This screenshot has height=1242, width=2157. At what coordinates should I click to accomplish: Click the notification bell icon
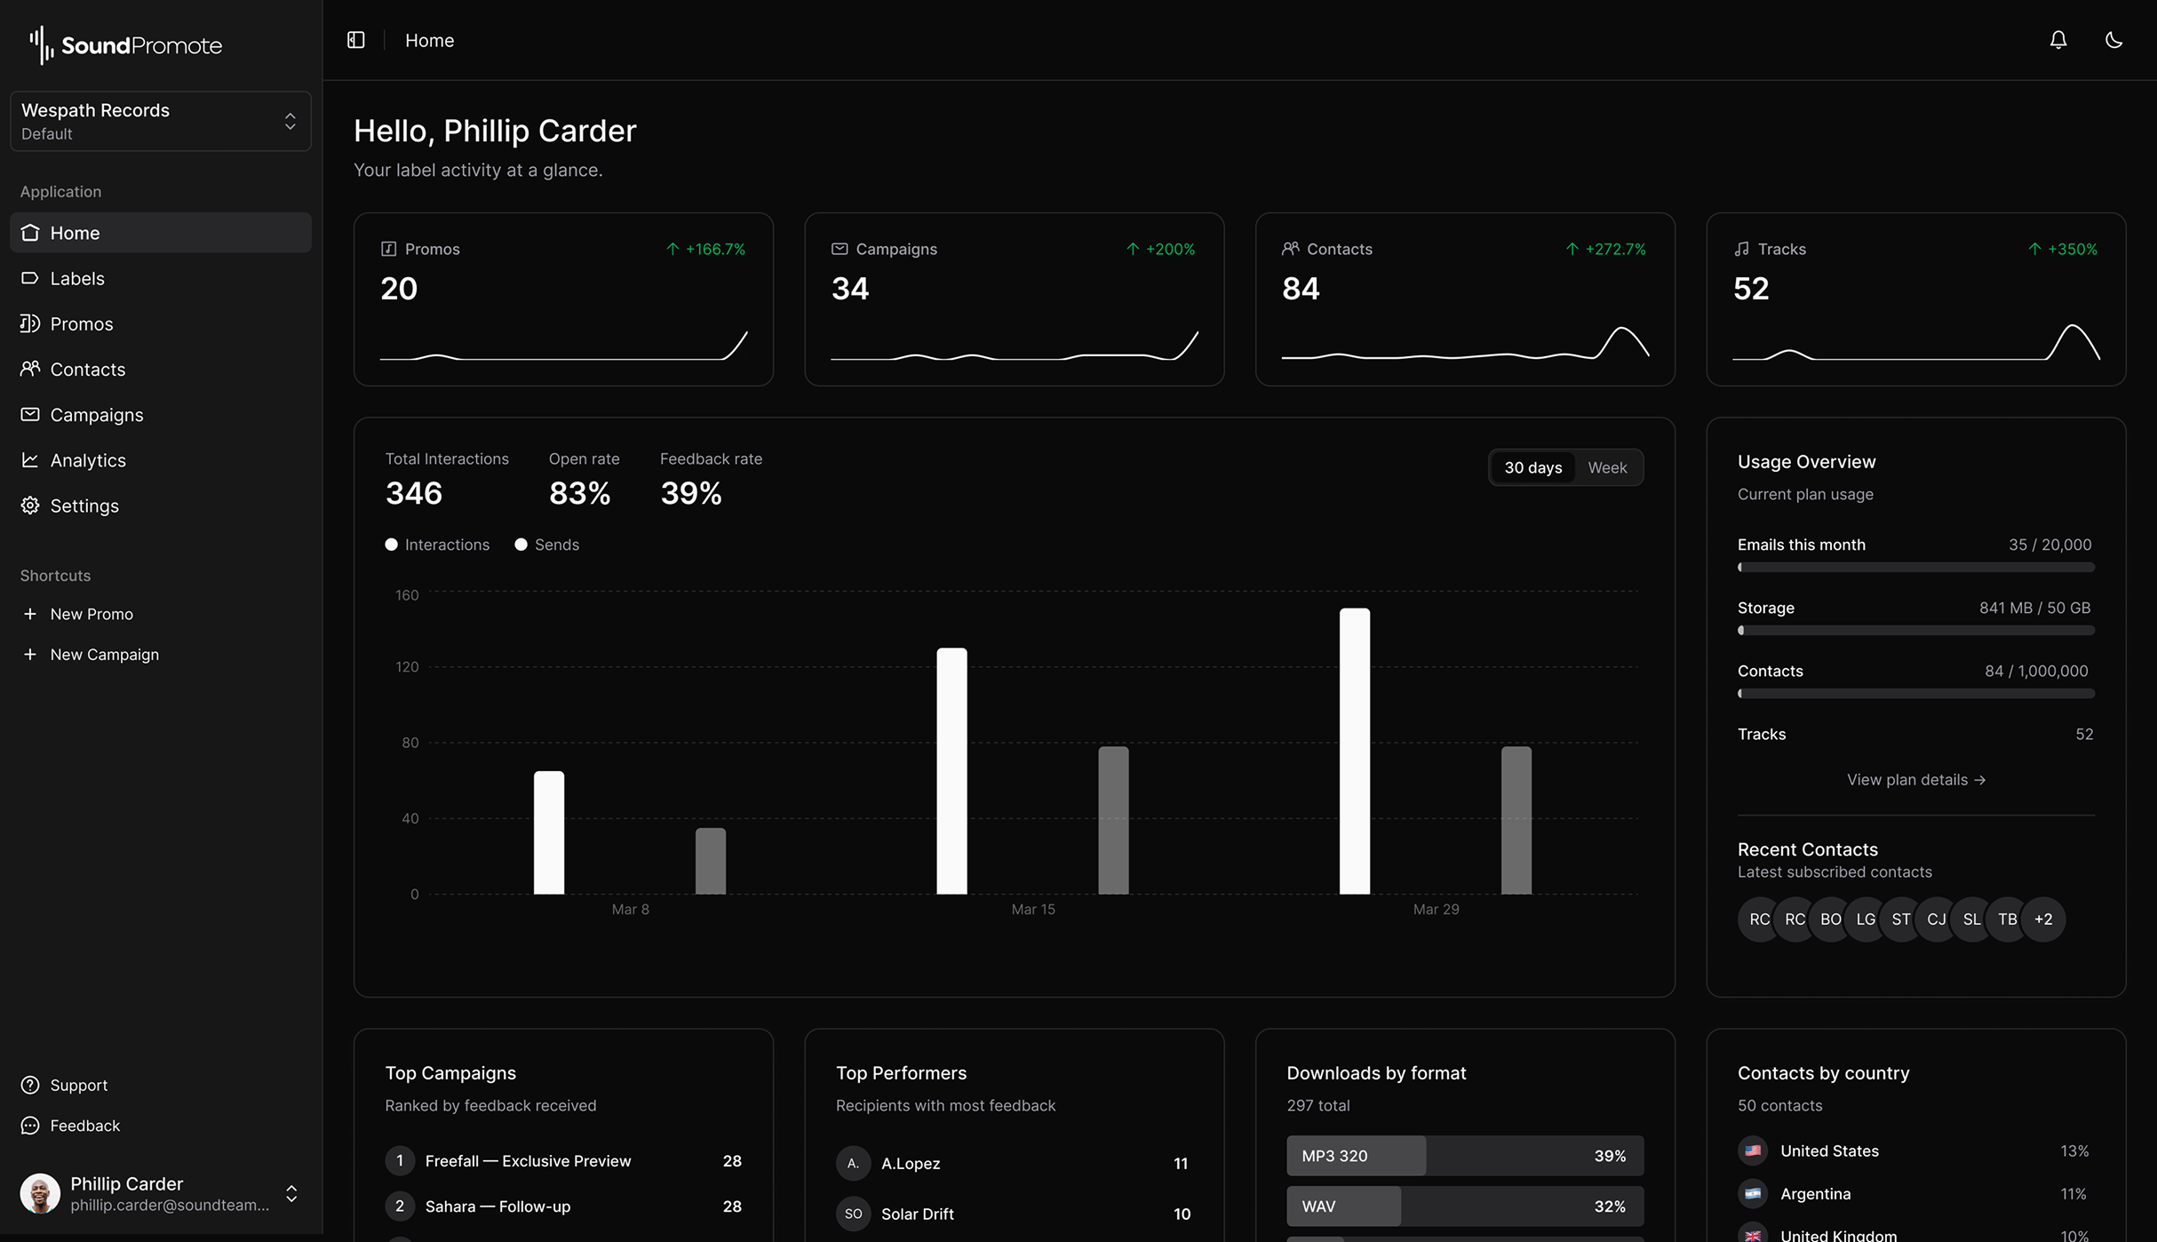2058,40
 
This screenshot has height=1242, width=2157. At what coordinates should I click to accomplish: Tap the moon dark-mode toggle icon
2113,40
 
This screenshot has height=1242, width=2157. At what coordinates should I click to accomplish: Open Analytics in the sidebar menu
87,460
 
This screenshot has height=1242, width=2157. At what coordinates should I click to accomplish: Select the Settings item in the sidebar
84,506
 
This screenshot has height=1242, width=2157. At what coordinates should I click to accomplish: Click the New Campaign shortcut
104,654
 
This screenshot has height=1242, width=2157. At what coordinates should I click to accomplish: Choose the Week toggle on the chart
1606,467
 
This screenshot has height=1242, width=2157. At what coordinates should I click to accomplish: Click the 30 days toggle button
1532,467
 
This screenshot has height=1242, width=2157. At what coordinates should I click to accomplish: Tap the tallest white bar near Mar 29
1354,751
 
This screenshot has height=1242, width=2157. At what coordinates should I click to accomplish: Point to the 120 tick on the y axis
407,666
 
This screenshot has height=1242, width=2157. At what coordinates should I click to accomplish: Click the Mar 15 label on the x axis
1032,909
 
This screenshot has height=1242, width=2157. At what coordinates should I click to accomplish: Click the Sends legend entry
547,545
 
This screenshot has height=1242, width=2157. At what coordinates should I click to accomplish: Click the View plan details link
1915,779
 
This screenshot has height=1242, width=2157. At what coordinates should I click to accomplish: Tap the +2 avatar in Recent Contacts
2042,920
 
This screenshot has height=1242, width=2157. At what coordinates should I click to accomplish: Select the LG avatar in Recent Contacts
1865,920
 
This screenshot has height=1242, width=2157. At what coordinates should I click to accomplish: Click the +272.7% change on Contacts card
1606,249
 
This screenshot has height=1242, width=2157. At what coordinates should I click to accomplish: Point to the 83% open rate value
579,493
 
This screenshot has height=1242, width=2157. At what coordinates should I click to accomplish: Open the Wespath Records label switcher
160,121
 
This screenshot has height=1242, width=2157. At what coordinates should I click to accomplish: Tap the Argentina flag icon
1752,1193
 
